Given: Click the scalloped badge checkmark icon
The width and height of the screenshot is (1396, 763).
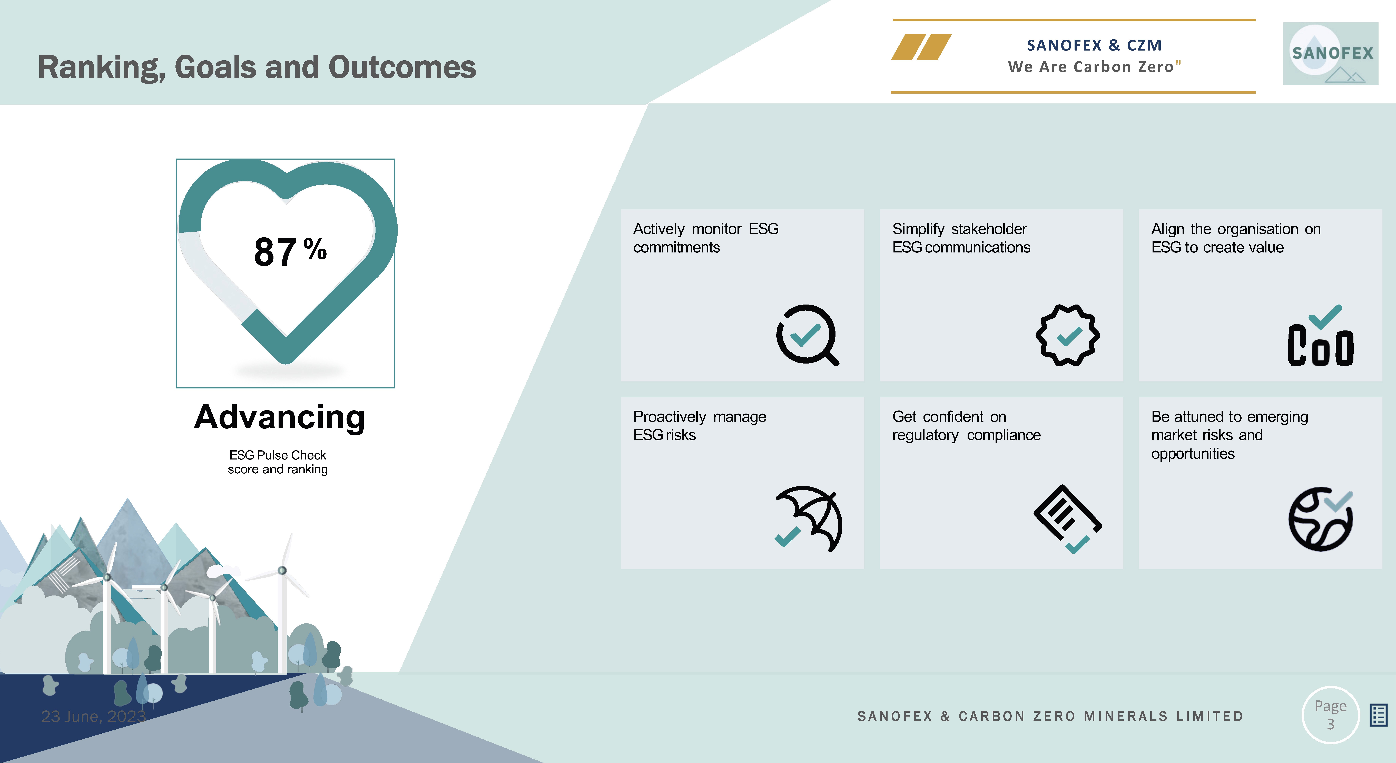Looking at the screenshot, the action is click(x=1068, y=335).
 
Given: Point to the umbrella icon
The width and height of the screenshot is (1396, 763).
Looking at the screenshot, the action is click(x=809, y=519).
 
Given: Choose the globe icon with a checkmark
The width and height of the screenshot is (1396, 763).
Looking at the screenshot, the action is click(x=1321, y=519).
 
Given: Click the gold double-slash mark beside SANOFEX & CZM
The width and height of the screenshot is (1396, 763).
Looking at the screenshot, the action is click(x=921, y=47).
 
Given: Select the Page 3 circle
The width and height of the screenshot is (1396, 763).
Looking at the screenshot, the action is click(x=1330, y=715).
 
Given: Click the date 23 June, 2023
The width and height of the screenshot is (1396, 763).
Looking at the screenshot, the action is click(x=93, y=716).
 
